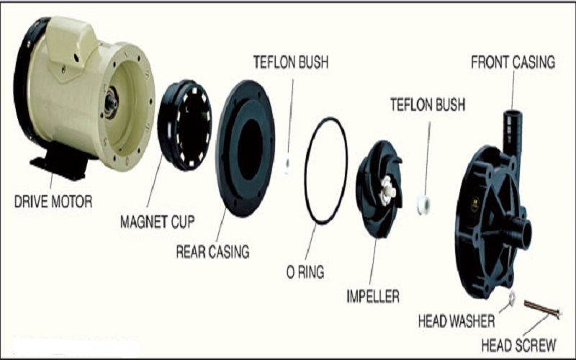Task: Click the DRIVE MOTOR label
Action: pos(53,202)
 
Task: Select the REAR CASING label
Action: pos(212,252)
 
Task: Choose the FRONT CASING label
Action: pos(513,62)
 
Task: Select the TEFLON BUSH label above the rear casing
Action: pos(290,62)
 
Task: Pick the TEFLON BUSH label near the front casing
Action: pos(428,105)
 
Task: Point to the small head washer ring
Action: pos(511,297)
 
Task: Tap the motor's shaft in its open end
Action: pos(111,103)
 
